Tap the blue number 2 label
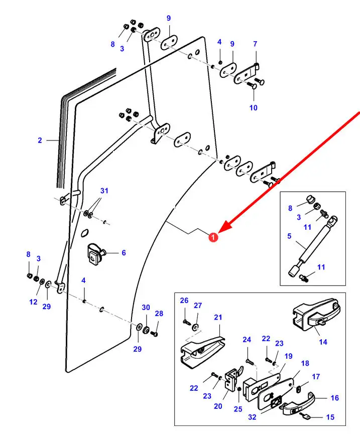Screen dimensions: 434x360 click(x=40, y=140)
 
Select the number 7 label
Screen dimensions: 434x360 click(x=255, y=44)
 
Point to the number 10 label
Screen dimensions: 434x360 click(x=253, y=107)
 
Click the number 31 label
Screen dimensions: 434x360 click(x=104, y=191)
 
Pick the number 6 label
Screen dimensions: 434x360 click(x=124, y=253)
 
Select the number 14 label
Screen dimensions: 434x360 click(x=323, y=342)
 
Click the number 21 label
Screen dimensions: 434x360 click(x=218, y=317)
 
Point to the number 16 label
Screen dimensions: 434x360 click(x=335, y=398)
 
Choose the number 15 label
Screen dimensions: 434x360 click(x=330, y=417)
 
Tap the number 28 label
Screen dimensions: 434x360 click(x=159, y=314)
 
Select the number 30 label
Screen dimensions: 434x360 click(x=146, y=308)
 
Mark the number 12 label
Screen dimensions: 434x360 click(x=33, y=302)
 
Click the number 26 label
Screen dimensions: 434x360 click(x=184, y=301)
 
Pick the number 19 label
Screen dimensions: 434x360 click(x=288, y=356)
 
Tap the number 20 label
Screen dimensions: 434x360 click(x=218, y=406)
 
